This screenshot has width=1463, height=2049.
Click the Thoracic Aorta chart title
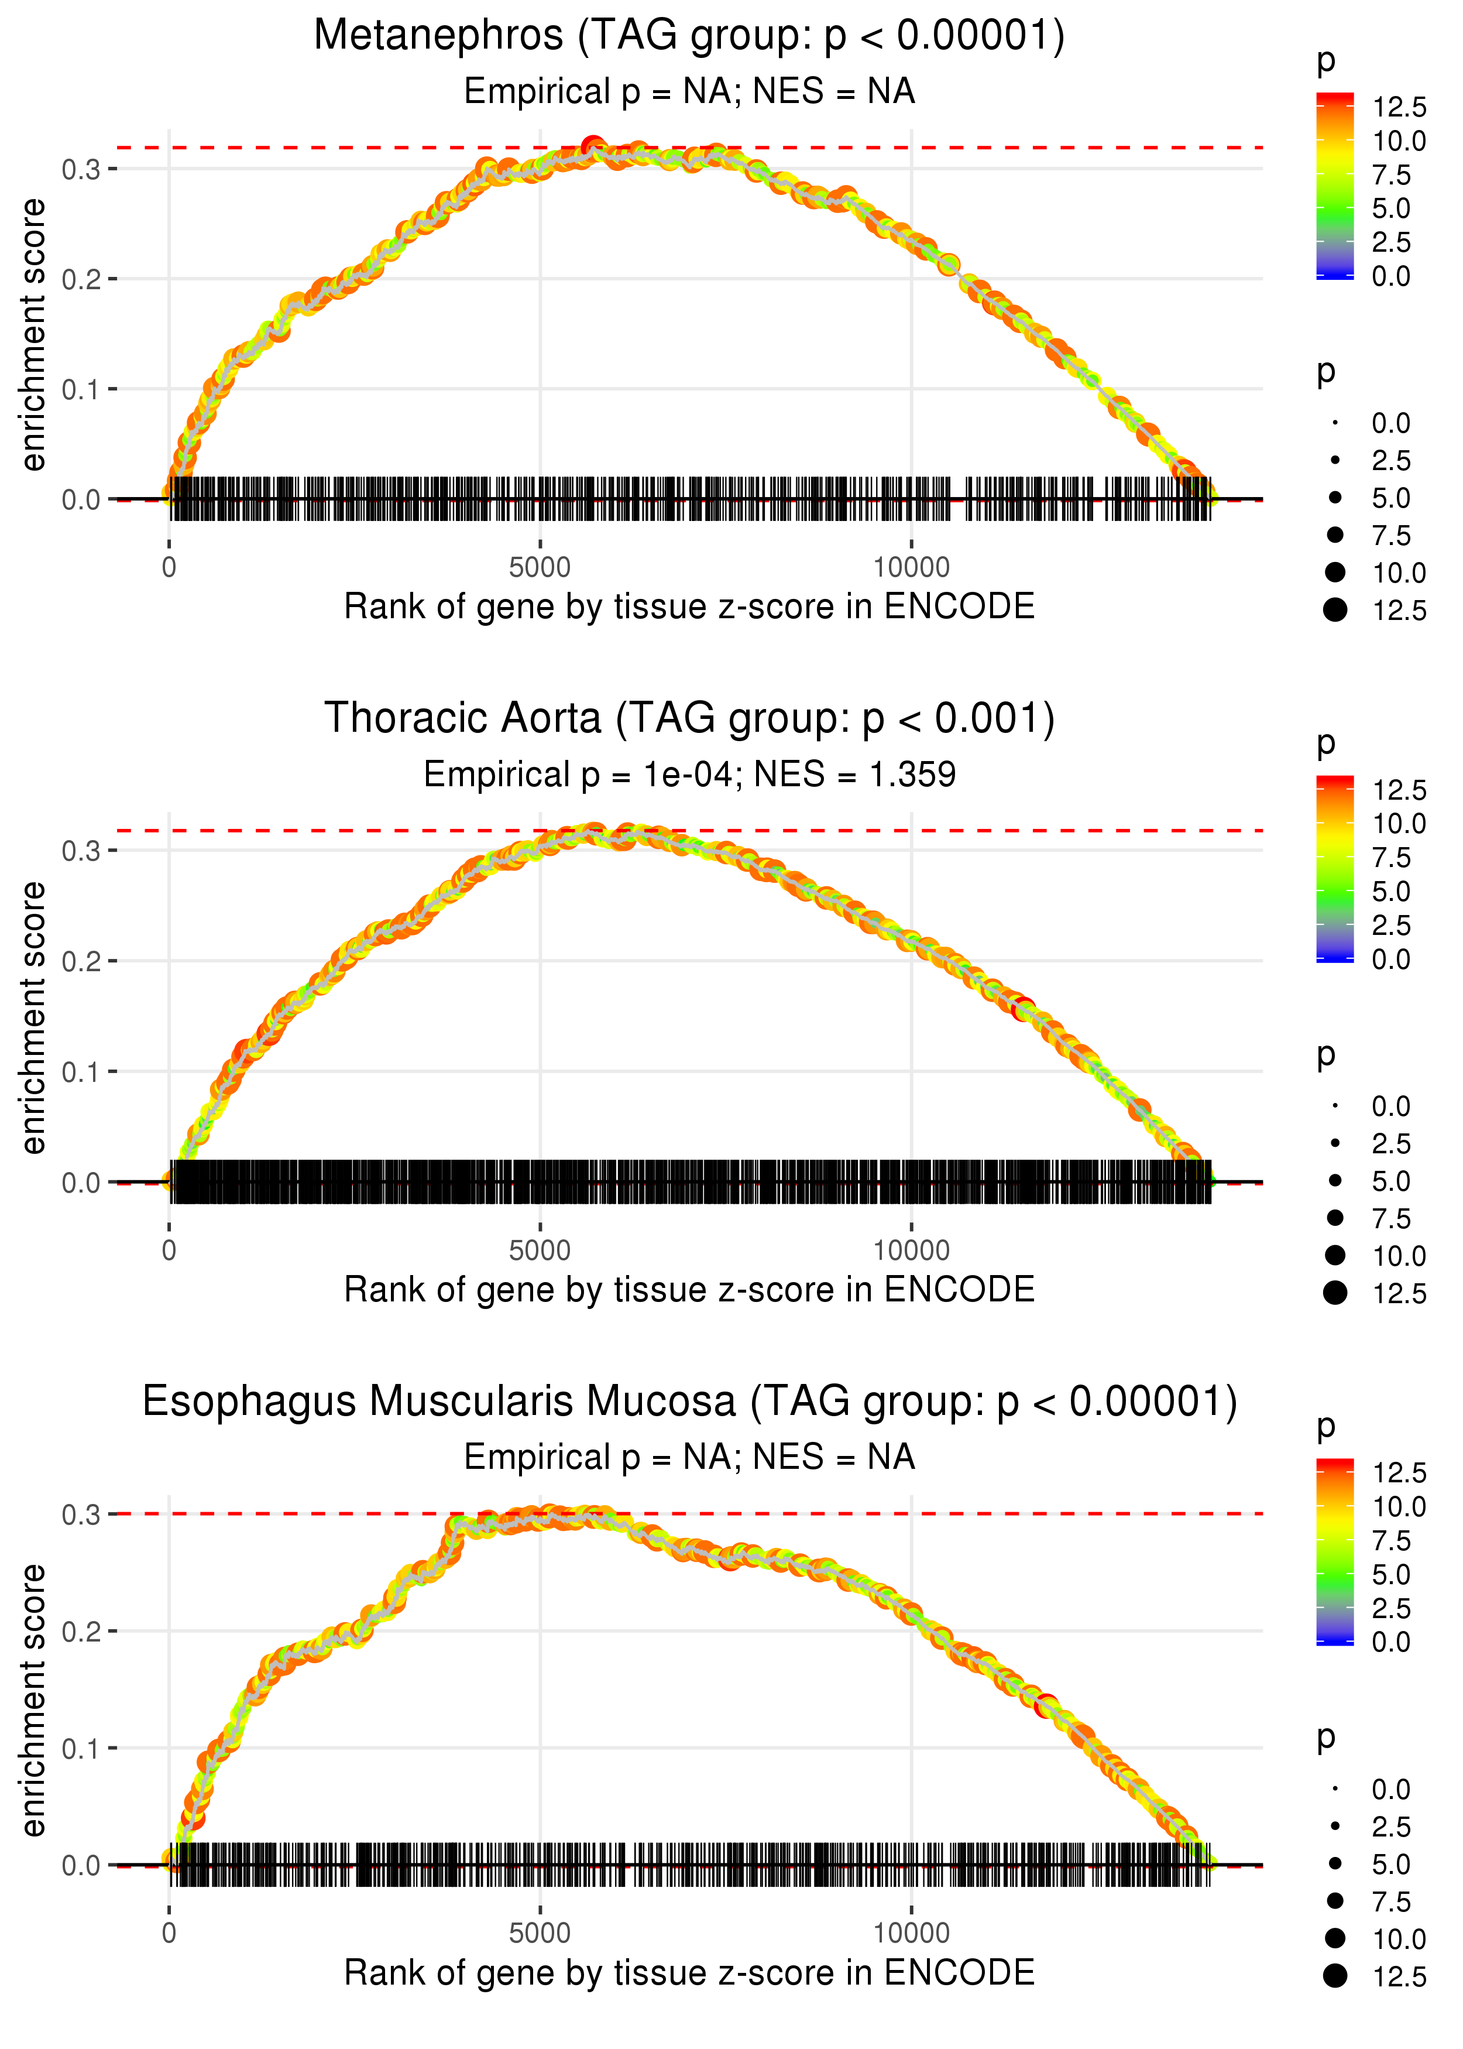[689, 719]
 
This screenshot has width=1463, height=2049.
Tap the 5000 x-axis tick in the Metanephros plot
[540, 568]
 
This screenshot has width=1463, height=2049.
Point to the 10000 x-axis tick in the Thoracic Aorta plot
[911, 1250]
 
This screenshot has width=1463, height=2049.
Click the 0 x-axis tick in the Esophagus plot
[169, 1934]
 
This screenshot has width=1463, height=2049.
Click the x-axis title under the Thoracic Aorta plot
[689, 1290]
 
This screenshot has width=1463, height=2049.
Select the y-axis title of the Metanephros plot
[33, 335]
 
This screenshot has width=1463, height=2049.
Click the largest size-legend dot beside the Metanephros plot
[1335, 610]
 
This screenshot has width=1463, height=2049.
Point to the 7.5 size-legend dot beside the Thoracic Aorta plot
[1335, 1218]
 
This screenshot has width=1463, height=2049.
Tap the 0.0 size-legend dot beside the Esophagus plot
[1335, 1788]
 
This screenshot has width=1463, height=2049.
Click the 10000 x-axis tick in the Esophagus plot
[911, 1934]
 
